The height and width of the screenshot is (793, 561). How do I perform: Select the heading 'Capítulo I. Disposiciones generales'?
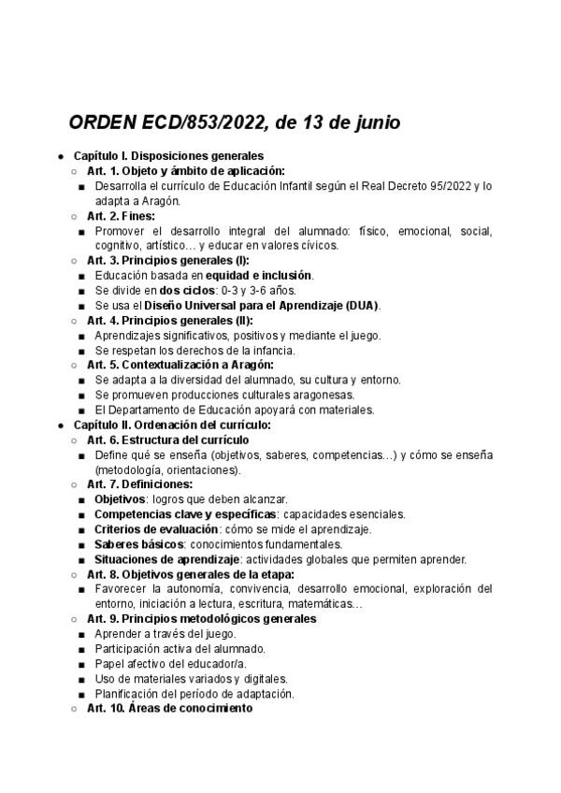click(x=167, y=156)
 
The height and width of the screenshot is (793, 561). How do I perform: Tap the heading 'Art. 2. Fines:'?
click(x=121, y=216)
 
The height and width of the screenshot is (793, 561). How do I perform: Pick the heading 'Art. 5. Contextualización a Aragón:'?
click(x=180, y=365)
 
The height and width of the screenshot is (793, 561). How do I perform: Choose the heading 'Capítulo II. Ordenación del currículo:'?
click(x=172, y=425)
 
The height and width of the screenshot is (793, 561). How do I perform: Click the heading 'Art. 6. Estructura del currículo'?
click(x=167, y=440)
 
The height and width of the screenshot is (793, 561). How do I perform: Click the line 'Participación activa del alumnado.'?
click(x=180, y=649)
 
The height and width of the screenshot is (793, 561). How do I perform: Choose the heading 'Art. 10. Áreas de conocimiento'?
click(x=169, y=709)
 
